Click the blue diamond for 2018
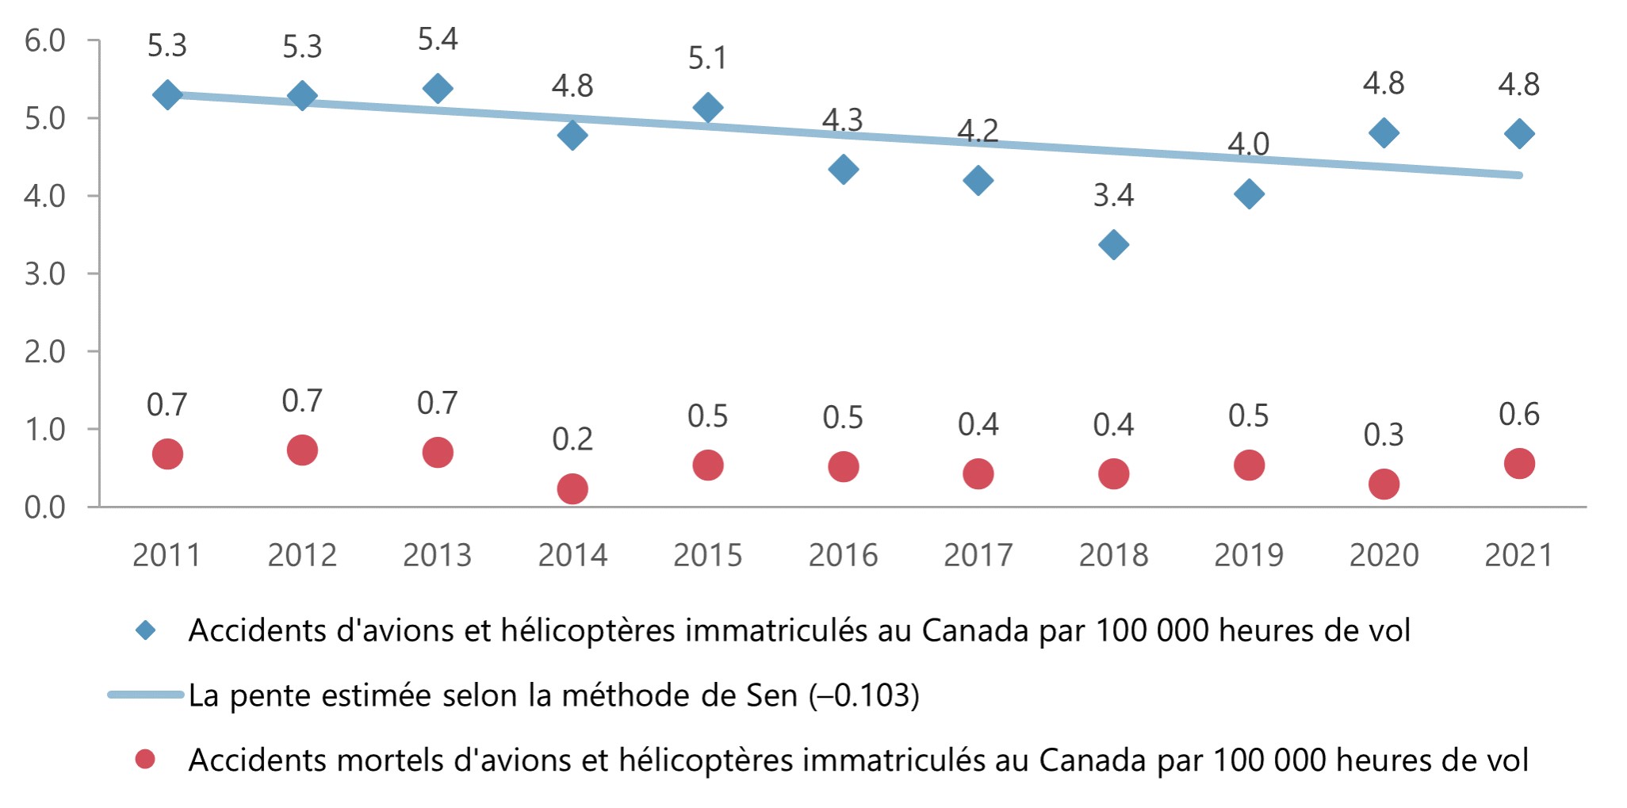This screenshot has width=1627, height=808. (1113, 244)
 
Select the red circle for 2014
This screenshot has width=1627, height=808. (572, 488)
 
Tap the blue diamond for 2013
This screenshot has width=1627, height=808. (438, 88)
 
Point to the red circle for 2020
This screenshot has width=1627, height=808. (1384, 484)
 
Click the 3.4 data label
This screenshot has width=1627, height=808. (1113, 195)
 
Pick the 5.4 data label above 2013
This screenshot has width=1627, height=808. (438, 39)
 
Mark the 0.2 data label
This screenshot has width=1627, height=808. (572, 438)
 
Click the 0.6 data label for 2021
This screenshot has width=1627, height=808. (1518, 414)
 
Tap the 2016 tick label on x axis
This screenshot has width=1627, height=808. (843, 555)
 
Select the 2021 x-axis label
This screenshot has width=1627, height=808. (1518, 555)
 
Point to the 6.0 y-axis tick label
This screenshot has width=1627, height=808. (45, 40)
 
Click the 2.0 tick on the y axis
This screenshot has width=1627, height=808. (45, 351)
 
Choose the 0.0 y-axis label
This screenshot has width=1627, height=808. (45, 507)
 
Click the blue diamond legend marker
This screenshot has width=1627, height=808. (146, 630)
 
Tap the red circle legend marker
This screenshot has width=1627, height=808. (145, 760)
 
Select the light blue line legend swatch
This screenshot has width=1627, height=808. (146, 695)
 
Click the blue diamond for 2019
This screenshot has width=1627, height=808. (1249, 193)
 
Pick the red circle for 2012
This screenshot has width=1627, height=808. (302, 450)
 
